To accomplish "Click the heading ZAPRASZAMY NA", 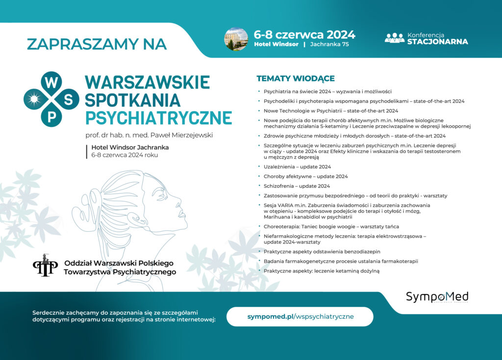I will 97,44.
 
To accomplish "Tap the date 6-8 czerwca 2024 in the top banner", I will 304,35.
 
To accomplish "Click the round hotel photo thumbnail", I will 236,39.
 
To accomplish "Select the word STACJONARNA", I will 437,42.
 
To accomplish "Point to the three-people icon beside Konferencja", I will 394,38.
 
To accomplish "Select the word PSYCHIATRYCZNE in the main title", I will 158,118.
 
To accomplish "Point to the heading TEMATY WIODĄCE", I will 296,78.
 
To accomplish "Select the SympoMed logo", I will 437,297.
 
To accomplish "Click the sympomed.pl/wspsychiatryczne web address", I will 300,316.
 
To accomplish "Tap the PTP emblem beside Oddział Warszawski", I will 45,265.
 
